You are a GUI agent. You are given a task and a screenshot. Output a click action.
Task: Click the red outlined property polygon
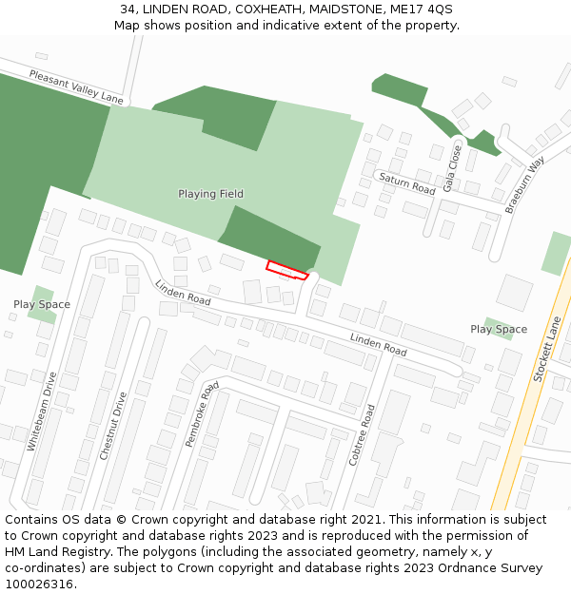(x=287, y=270)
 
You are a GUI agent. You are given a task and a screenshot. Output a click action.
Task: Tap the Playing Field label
(x=210, y=194)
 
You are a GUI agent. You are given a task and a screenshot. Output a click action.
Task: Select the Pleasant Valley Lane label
(x=76, y=86)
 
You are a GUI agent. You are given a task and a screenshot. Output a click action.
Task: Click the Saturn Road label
(x=406, y=183)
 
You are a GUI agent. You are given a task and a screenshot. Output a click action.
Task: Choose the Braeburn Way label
(x=524, y=184)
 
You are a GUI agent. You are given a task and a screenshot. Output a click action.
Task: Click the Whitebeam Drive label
(x=43, y=411)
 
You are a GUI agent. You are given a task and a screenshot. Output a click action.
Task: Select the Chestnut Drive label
(x=112, y=426)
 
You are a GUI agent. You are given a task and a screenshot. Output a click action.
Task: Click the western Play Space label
(x=42, y=305)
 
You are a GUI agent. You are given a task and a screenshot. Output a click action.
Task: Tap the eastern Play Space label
(x=499, y=330)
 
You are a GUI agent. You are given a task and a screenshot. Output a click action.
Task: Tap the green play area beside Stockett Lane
(x=555, y=253)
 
